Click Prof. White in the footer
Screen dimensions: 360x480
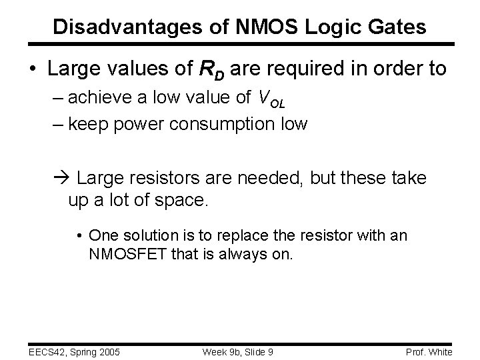tap(429, 351)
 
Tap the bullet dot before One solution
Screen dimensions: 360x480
tap(79, 235)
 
